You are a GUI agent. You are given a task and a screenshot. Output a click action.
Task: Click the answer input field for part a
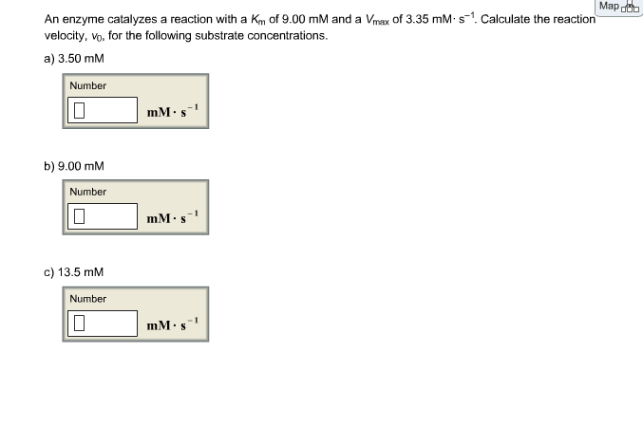(103, 110)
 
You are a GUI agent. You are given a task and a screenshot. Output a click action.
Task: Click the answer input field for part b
(103, 216)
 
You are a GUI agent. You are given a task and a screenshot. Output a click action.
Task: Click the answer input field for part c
(103, 324)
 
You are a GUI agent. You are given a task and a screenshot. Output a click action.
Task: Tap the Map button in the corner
(619, 7)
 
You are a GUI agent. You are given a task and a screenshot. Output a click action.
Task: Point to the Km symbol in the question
(258, 20)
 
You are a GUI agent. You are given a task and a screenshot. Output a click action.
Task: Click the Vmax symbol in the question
(377, 20)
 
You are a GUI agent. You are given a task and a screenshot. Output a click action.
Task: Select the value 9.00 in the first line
(293, 19)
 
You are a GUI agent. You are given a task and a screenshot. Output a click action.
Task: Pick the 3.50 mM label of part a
(81, 59)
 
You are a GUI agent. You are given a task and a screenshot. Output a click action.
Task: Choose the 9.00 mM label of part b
(81, 166)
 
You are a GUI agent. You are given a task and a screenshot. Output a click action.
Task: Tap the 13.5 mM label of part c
(81, 272)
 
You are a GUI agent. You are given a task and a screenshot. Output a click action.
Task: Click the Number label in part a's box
(87, 85)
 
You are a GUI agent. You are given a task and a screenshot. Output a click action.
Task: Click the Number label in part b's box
(87, 192)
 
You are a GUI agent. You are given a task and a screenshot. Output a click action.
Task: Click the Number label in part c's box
(87, 299)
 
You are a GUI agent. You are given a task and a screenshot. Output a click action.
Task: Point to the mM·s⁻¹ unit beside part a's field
(173, 111)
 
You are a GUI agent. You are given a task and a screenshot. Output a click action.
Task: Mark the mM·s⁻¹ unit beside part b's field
(173, 217)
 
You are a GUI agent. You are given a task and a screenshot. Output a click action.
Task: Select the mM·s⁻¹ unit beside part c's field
(173, 324)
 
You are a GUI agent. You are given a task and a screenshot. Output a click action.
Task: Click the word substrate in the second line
(219, 36)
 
